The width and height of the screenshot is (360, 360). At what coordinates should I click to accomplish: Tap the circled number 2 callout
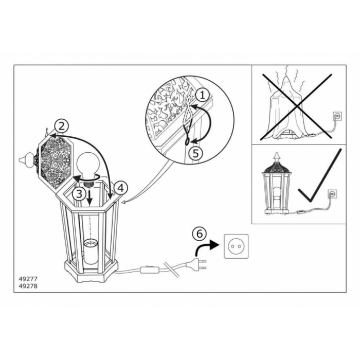click(61, 127)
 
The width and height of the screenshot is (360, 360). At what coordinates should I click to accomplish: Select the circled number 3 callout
click(79, 194)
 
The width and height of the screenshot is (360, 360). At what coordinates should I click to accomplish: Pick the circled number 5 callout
click(195, 153)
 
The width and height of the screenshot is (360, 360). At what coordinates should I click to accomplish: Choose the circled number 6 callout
click(200, 234)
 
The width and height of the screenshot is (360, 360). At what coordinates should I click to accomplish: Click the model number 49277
click(28, 279)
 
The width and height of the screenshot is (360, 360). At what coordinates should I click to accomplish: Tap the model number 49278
click(28, 286)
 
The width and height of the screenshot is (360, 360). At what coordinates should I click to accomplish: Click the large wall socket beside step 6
click(236, 246)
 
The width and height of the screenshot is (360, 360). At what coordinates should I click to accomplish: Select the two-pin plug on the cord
click(196, 264)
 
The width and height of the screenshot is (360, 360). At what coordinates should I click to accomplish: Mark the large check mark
click(320, 176)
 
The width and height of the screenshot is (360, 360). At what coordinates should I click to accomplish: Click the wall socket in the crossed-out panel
click(337, 116)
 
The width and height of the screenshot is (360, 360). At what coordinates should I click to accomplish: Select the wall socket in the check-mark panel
click(332, 194)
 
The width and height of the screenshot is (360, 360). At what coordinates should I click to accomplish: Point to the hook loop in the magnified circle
click(187, 142)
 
